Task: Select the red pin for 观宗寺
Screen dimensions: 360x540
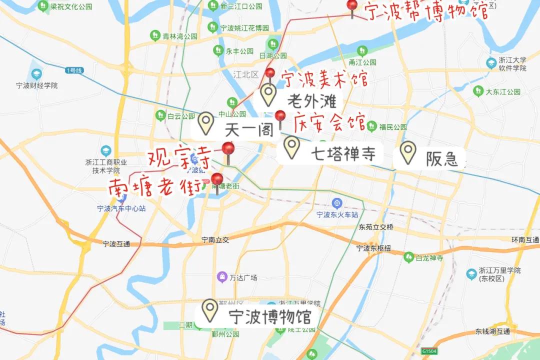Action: [228, 149]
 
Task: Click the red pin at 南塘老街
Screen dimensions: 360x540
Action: [217, 179]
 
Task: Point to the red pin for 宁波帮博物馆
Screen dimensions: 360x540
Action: [352, 5]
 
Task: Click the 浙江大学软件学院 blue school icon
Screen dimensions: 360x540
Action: [491, 63]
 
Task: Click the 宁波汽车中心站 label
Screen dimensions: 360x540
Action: [121, 208]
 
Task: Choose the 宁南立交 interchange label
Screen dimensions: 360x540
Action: [215, 240]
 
